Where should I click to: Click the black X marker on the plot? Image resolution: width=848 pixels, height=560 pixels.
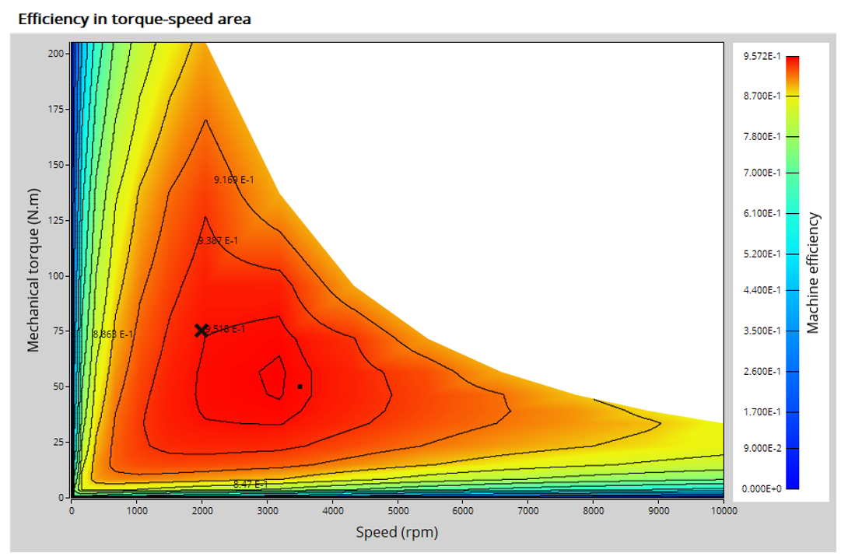coord(201,331)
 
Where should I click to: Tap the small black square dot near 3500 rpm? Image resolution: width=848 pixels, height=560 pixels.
coord(300,387)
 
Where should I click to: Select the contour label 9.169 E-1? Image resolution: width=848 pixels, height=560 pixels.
coord(234,180)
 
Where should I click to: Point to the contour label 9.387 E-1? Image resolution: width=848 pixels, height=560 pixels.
coord(219,240)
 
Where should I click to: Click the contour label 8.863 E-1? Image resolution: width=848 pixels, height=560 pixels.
coord(113,334)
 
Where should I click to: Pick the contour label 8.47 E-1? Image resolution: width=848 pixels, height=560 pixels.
coord(251,485)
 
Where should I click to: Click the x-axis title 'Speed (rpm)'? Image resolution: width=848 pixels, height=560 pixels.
coord(397,533)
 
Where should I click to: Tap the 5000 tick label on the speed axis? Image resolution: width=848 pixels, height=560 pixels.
coord(398,510)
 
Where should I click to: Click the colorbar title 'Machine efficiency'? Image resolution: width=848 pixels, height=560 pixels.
coord(814,272)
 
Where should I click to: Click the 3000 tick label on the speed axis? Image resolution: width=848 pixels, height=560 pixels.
coord(267,510)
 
